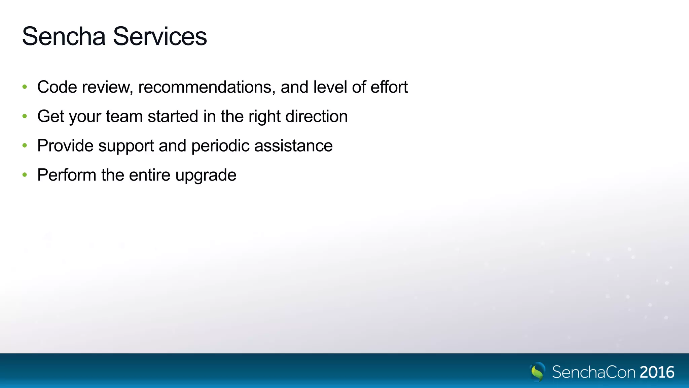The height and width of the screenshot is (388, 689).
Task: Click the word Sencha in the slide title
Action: click(x=64, y=36)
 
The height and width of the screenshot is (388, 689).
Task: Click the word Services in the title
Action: click(x=160, y=36)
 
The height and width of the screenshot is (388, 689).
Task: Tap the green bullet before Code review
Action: click(x=25, y=87)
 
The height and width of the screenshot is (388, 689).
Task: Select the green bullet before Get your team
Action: click(x=25, y=116)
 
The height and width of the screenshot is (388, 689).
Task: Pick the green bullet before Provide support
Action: click(x=25, y=145)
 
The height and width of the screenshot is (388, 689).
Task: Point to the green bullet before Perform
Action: click(x=25, y=175)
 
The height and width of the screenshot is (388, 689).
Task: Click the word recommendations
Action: click(x=207, y=87)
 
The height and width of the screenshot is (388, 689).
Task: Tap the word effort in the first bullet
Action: click(x=389, y=87)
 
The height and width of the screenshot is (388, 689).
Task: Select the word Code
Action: click(x=57, y=87)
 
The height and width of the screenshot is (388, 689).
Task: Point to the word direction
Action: click(x=316, y=117)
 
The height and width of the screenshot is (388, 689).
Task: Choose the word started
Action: click(x=173, y=117)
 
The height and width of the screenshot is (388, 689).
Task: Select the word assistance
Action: click(x=293, y=146)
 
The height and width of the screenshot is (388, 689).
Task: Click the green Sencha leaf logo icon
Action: click(x=537, y=372)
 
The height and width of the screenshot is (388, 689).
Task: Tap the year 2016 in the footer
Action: click(x=657, y=372)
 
